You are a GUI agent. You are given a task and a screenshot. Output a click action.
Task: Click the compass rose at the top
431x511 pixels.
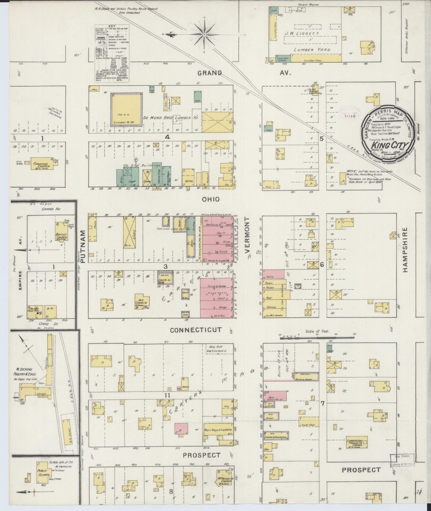pyautogui.click(x=205, y=35)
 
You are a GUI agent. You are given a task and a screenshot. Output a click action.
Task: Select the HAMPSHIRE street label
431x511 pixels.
pyautogui.click(x=405, y=250)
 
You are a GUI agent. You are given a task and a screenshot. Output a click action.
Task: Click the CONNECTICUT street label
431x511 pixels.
pyautogui.click(x=196, y=330)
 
